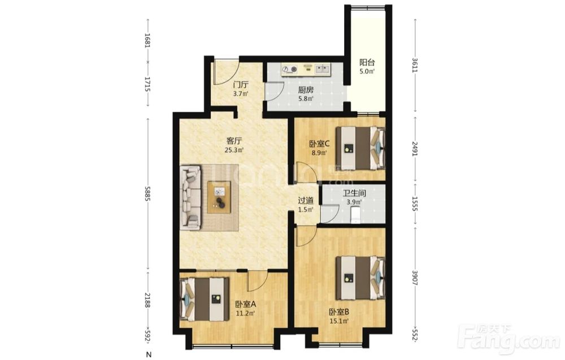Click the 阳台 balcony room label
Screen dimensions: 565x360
coord(367,62)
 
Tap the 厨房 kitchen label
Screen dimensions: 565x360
coord(306,90)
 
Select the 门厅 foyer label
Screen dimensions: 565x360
coord(241,85)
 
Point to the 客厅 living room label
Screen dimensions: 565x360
coord(234,141)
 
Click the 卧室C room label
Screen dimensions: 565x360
coord(320,144)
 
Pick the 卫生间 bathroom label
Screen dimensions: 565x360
coord(354,193)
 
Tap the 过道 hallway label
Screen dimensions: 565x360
coord(306,201)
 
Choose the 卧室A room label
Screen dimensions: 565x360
coord(245,305)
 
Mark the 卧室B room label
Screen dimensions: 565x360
coord(339,312)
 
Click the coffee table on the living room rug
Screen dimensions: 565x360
coord(219,197)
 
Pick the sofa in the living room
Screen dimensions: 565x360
coord(190,197)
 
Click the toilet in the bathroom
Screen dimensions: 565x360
coord(355,215)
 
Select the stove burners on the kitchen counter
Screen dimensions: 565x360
coord(290,69)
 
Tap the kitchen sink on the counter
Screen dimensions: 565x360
coord(322,69)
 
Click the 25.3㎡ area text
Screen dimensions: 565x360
coord(234,150)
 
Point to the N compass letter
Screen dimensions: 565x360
coord(149,354)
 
